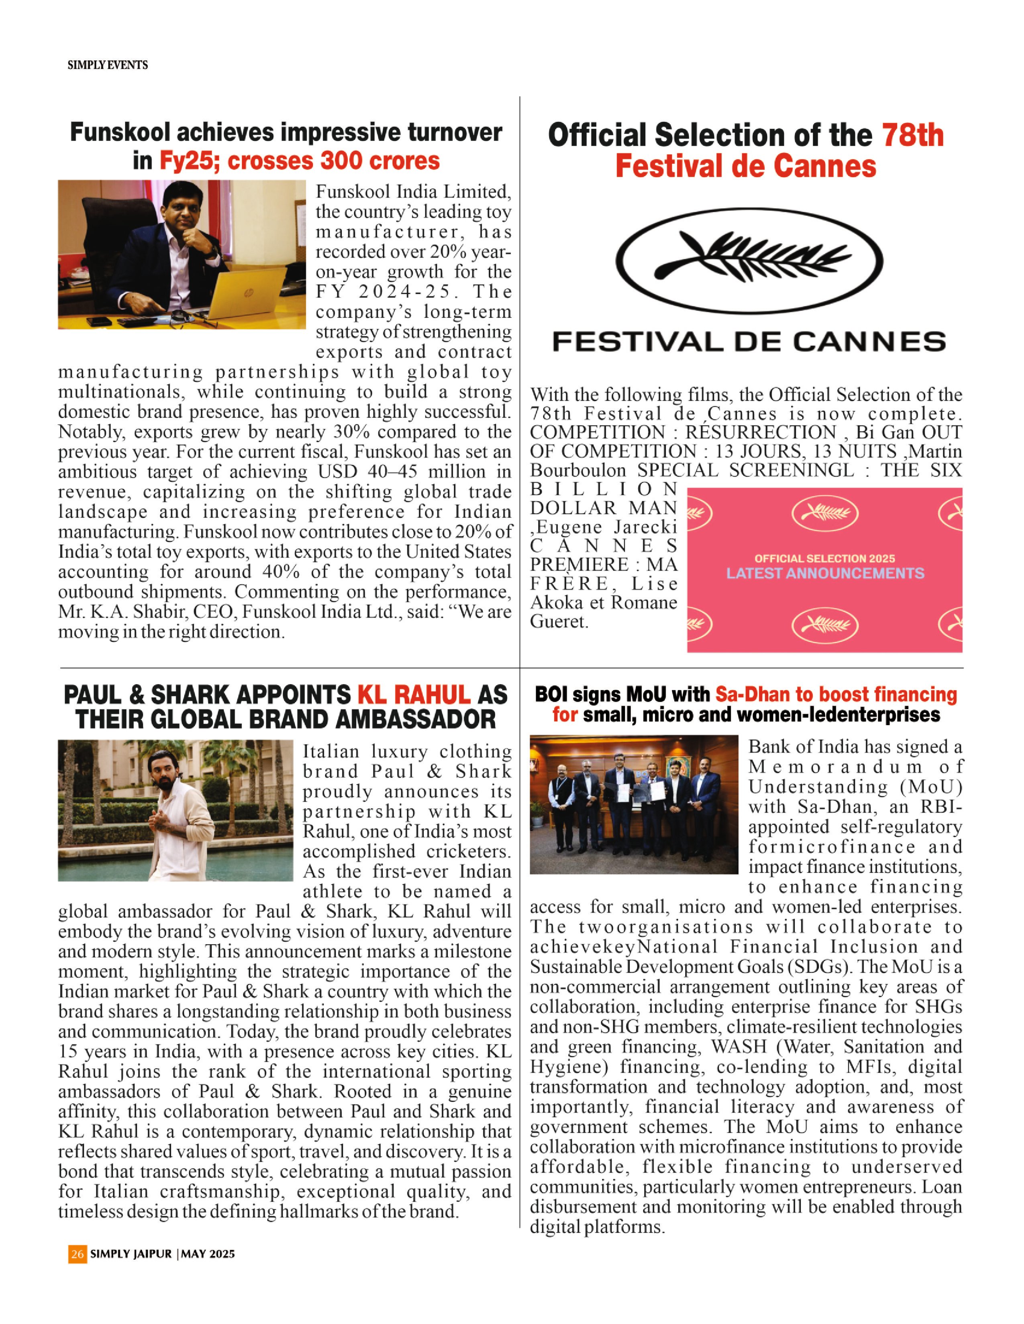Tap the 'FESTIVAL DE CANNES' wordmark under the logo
pyautogui.click(x=749, y=342)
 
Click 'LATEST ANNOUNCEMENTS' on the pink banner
pyautogui.click(x=825, y=574)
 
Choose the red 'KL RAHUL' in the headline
pyautogui.click(x=414, y=695)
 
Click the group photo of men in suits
pyautogui.click(x=634, y=804)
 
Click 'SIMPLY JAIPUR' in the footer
pyautogui.click(x=131, y=1254)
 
